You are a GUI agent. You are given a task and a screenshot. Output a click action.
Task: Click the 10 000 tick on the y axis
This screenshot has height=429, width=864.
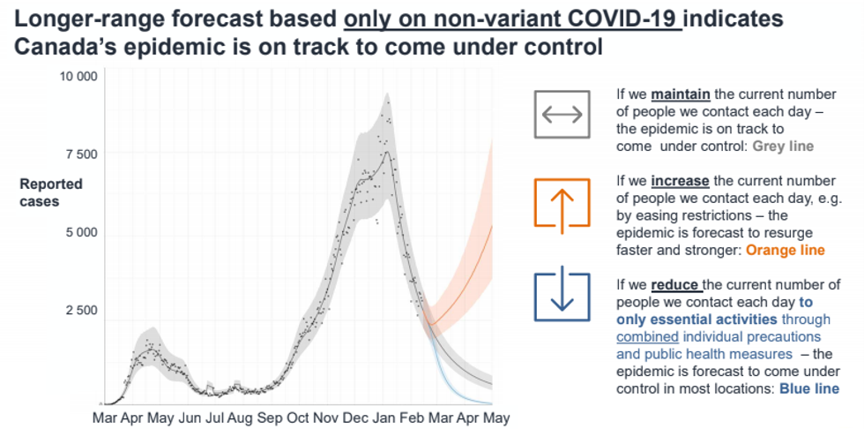click(78, 76)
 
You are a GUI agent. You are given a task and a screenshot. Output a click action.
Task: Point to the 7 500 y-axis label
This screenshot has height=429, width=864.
click(81, 154)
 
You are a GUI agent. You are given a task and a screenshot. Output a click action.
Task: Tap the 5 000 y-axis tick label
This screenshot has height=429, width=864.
click(81, 232)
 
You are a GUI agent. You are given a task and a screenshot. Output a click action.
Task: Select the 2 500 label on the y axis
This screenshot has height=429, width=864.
click(81, 311)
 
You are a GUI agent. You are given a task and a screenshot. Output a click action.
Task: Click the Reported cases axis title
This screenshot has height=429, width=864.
click(51, 193)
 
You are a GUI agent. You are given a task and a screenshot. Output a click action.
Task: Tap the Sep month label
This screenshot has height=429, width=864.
click(269, 417)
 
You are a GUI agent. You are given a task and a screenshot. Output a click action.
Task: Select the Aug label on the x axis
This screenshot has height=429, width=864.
click(239, 417)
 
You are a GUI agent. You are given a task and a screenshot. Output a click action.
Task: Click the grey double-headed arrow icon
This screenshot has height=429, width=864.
click(562, 115)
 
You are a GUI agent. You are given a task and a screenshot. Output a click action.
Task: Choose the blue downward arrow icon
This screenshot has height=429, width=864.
click(562, 293)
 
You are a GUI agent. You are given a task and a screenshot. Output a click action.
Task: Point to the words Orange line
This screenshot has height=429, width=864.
click(786, 251)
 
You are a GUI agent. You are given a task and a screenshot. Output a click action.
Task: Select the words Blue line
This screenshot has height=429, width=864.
click(809, 388)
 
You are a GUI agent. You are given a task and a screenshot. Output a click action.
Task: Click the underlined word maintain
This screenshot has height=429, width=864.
click(681, 94)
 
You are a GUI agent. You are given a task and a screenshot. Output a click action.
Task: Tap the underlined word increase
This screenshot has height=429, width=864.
click(680, 182)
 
